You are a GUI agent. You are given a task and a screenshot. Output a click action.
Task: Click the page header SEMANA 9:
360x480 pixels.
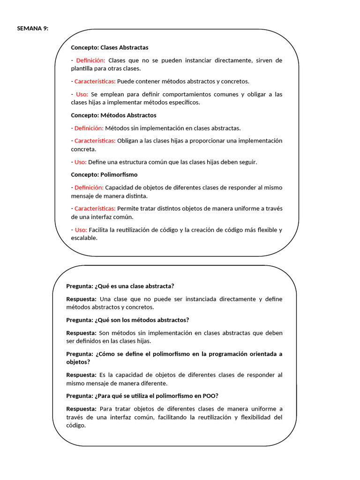click(33, 28)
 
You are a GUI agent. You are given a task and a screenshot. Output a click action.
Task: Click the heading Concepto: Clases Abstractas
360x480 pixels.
click(109, 47)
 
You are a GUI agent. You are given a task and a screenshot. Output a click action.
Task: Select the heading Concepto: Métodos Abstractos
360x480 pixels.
click(113, 115)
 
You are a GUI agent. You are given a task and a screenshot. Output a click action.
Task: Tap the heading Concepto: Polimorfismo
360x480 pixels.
click(104, 174)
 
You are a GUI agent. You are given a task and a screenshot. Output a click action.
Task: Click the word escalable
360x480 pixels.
click(84, 238)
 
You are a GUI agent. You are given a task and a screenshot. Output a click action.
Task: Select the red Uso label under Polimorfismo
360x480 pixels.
click(81, 230)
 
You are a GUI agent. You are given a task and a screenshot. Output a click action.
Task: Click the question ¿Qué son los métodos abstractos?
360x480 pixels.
click(142, 320)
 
